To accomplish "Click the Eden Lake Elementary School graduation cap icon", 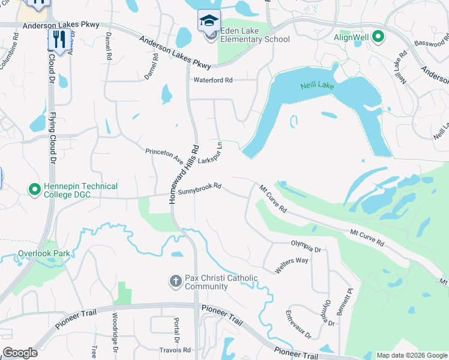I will coord(209,21).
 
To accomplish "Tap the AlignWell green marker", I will coord(378,37).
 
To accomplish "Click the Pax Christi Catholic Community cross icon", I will coord(175,281).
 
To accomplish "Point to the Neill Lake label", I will coord(317,86).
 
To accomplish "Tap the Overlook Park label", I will coord(44,253).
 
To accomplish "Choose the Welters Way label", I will coord(292,265).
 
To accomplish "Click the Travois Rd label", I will coord(175,350).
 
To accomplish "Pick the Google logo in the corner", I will coord(20,353).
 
